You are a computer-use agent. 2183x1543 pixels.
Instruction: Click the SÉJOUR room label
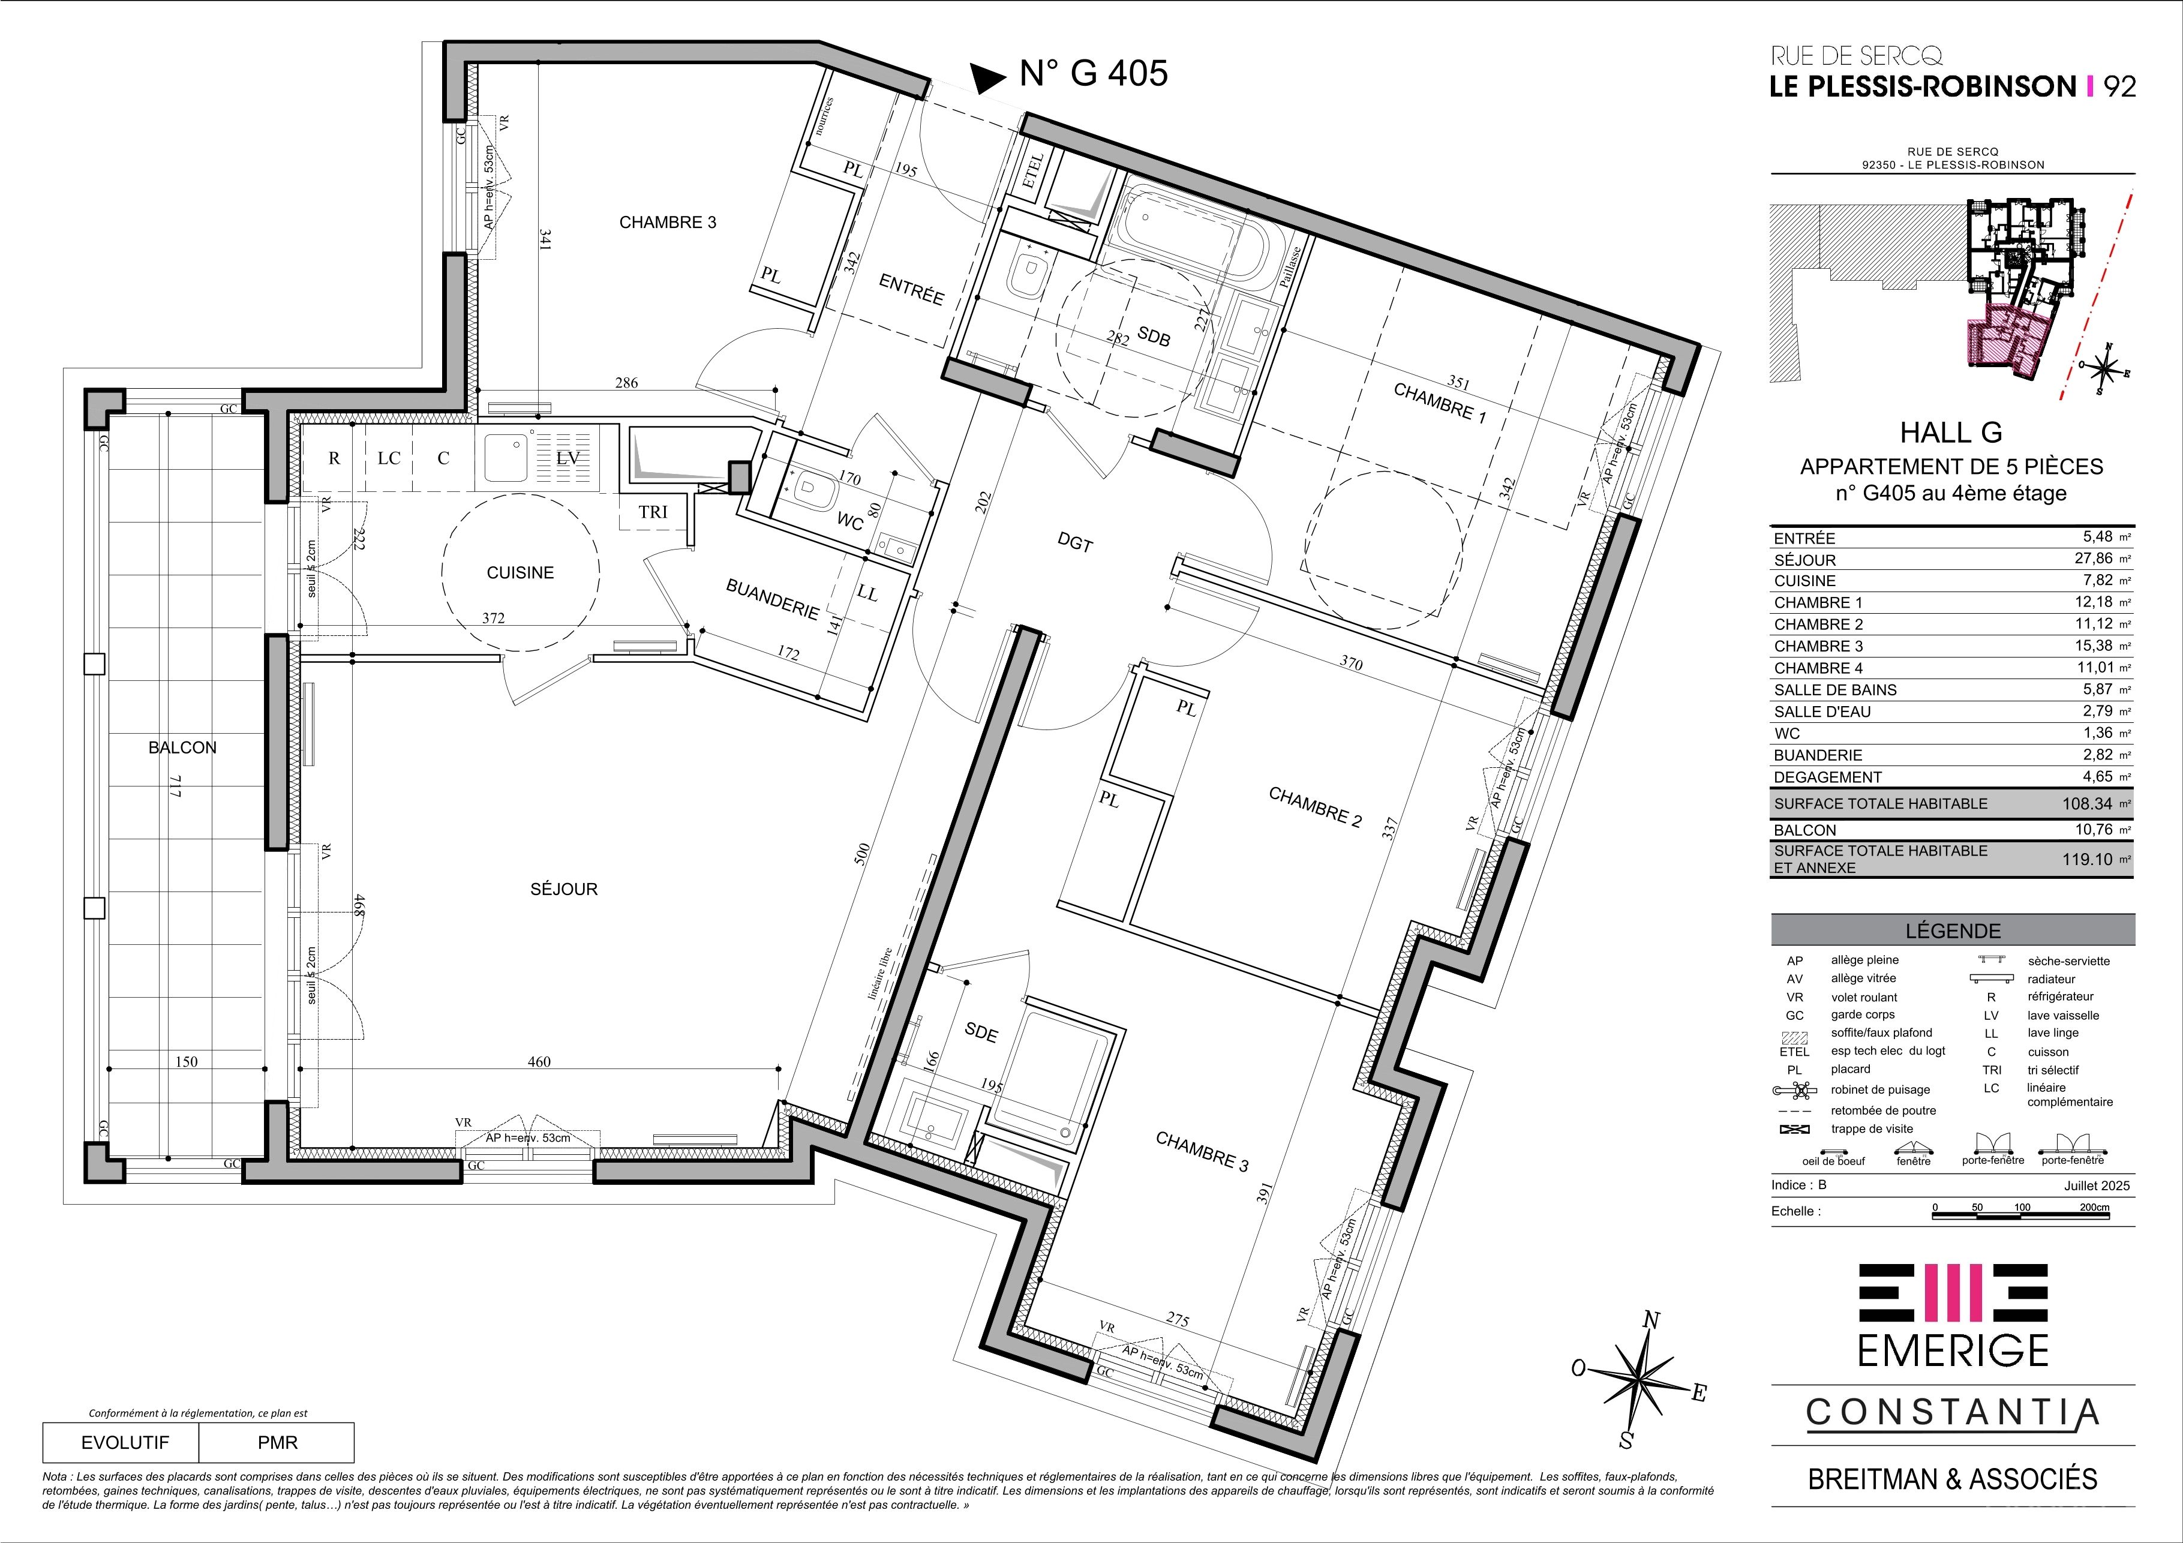(x=564, y=889)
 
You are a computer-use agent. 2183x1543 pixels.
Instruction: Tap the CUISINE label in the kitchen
(x=520, y=572)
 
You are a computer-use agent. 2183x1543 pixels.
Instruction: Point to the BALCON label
(x=182, y=748)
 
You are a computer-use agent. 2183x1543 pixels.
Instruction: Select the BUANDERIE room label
(x=772, y=599)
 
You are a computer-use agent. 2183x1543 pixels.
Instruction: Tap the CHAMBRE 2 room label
(x=1315, y=806)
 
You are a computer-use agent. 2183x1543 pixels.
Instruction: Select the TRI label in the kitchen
(x=653, y=512)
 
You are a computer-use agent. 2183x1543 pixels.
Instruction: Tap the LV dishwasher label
(x=567, y=457)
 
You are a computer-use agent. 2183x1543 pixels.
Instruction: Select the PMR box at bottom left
(x=277, y=1442)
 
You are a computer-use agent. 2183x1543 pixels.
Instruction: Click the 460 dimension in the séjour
(x=539, y=1061)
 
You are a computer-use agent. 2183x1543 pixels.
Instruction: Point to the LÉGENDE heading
(x=1953, y=930)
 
